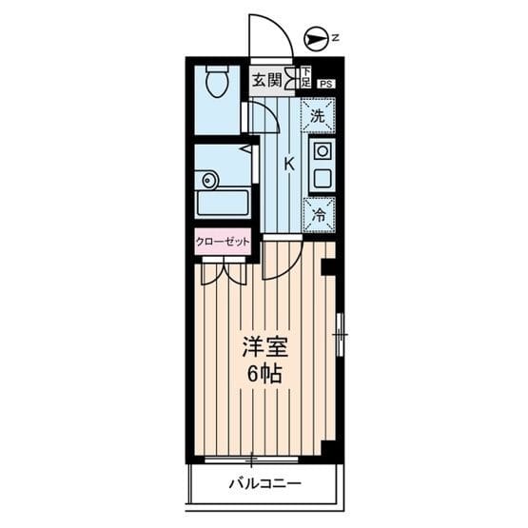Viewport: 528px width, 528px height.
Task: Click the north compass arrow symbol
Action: tap(313, 38)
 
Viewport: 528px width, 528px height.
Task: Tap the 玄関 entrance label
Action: tap(267, 80)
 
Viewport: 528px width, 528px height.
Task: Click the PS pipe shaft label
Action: tap(325, 85)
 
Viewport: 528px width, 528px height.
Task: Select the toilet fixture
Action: tap(215, 83)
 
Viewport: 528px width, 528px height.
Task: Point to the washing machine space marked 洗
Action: tap(319, 116)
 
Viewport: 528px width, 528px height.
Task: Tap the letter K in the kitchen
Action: tap(288, 164)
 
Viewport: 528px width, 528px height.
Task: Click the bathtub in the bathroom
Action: tap(222, 203)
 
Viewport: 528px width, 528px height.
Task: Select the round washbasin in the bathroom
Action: tap(208, 179)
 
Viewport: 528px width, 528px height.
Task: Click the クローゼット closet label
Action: tap(224, 242)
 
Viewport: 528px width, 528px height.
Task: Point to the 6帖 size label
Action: tap(264, 374)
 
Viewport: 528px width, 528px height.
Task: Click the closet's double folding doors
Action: tap(224, 270)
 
